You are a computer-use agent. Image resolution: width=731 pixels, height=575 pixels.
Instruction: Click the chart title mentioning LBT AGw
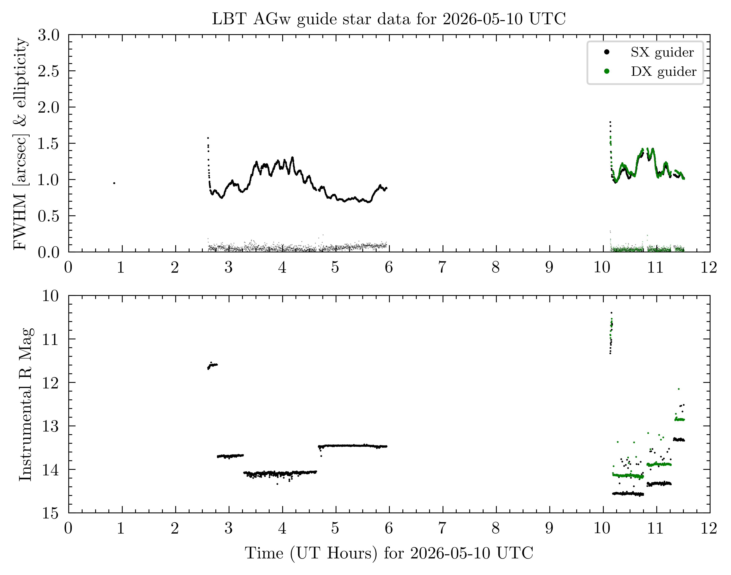[x=389, y=19]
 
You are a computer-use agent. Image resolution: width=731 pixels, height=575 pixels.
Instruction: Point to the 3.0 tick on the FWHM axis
[x=49, y=35]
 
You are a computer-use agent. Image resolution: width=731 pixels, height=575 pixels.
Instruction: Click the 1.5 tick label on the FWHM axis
[x=49, y=144]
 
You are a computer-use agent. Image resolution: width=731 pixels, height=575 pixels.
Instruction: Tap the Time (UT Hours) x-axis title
[x=389, y=553]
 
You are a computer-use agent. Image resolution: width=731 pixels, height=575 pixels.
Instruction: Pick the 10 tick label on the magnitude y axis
[x=50, y=296]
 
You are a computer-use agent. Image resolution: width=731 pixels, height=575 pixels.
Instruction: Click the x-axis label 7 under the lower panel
[x=442, y=529]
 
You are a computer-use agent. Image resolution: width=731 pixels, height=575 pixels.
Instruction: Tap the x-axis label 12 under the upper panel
[x=709, y=268]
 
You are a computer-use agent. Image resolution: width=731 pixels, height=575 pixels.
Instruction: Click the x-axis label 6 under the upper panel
[x=389, y=268]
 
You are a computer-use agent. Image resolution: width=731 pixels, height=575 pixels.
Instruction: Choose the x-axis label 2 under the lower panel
[x=175, y=529]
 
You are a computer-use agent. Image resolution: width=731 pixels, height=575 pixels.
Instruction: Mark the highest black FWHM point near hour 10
[x=610, y=122]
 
